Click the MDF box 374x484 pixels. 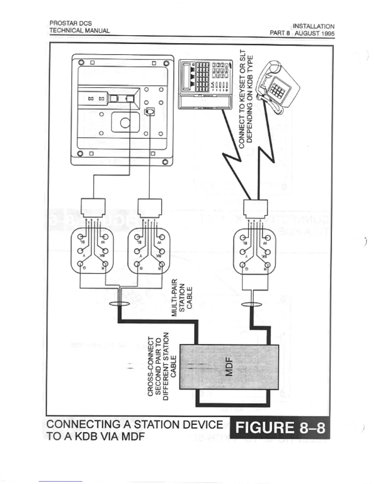click(229, 366)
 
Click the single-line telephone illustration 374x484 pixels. click(276, 84)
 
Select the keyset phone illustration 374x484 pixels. click(205, 84)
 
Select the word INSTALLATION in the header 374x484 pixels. click(313, 26)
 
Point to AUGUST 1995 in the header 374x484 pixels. click(314, 33)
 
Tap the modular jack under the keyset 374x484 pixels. click(255, 208)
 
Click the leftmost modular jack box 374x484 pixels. click(93, 207)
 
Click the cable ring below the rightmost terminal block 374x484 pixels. click(251, 304)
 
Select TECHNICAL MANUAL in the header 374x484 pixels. click(79, 30)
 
